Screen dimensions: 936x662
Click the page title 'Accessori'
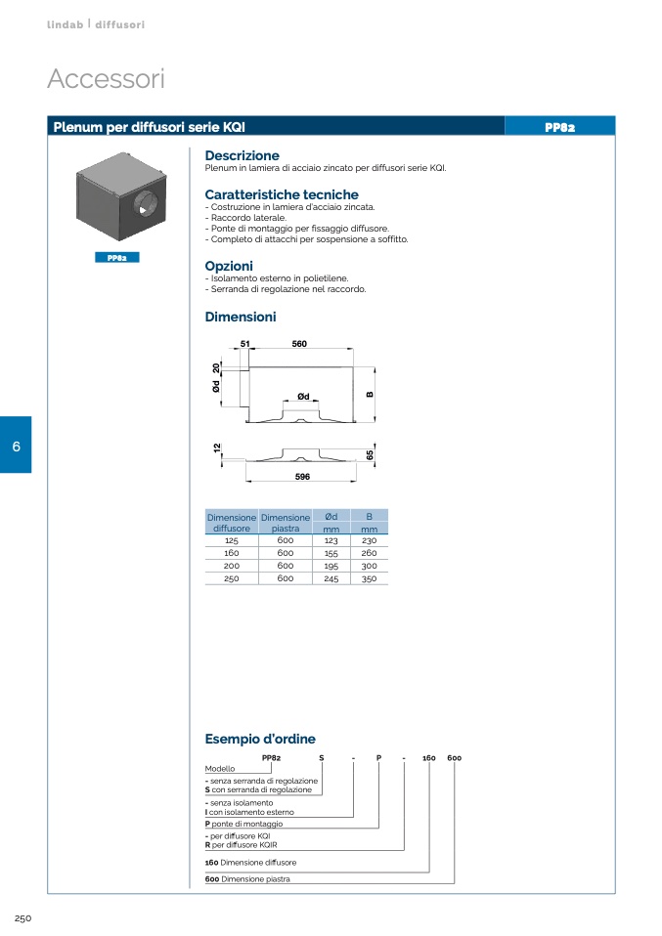click(x=106, y=79)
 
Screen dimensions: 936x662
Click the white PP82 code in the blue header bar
click(x=559, y=127)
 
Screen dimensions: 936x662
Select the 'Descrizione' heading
click(x=242, y=155)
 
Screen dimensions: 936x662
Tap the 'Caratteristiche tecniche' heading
click(x=281, y=194)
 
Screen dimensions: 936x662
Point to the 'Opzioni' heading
click(x=229, y=266)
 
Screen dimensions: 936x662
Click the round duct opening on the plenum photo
click(x=146, y=207)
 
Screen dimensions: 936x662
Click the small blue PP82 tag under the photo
click(x=117, y=258)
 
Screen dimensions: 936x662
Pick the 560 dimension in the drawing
click(x=299, y=344)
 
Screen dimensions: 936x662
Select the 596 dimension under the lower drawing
click(x=301, y=476)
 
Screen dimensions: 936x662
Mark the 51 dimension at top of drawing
click(x=245, y=344)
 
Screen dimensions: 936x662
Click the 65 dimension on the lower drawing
click(x=371, y=455)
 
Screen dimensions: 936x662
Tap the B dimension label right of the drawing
click(x=370, y=395)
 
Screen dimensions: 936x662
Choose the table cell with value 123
click(x=331, y=540)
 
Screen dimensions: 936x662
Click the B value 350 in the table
click(x=369, y=578)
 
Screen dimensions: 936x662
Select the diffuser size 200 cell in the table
click(x=232, y=566)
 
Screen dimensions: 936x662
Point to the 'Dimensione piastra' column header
click(x=285, y=523)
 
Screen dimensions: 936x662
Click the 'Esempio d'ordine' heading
click(x=259, y=739)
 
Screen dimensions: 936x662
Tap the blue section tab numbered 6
click(x=16, y=446)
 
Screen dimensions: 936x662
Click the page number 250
click(x=23, y=918)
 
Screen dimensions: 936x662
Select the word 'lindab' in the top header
click(x=66, y=24)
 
